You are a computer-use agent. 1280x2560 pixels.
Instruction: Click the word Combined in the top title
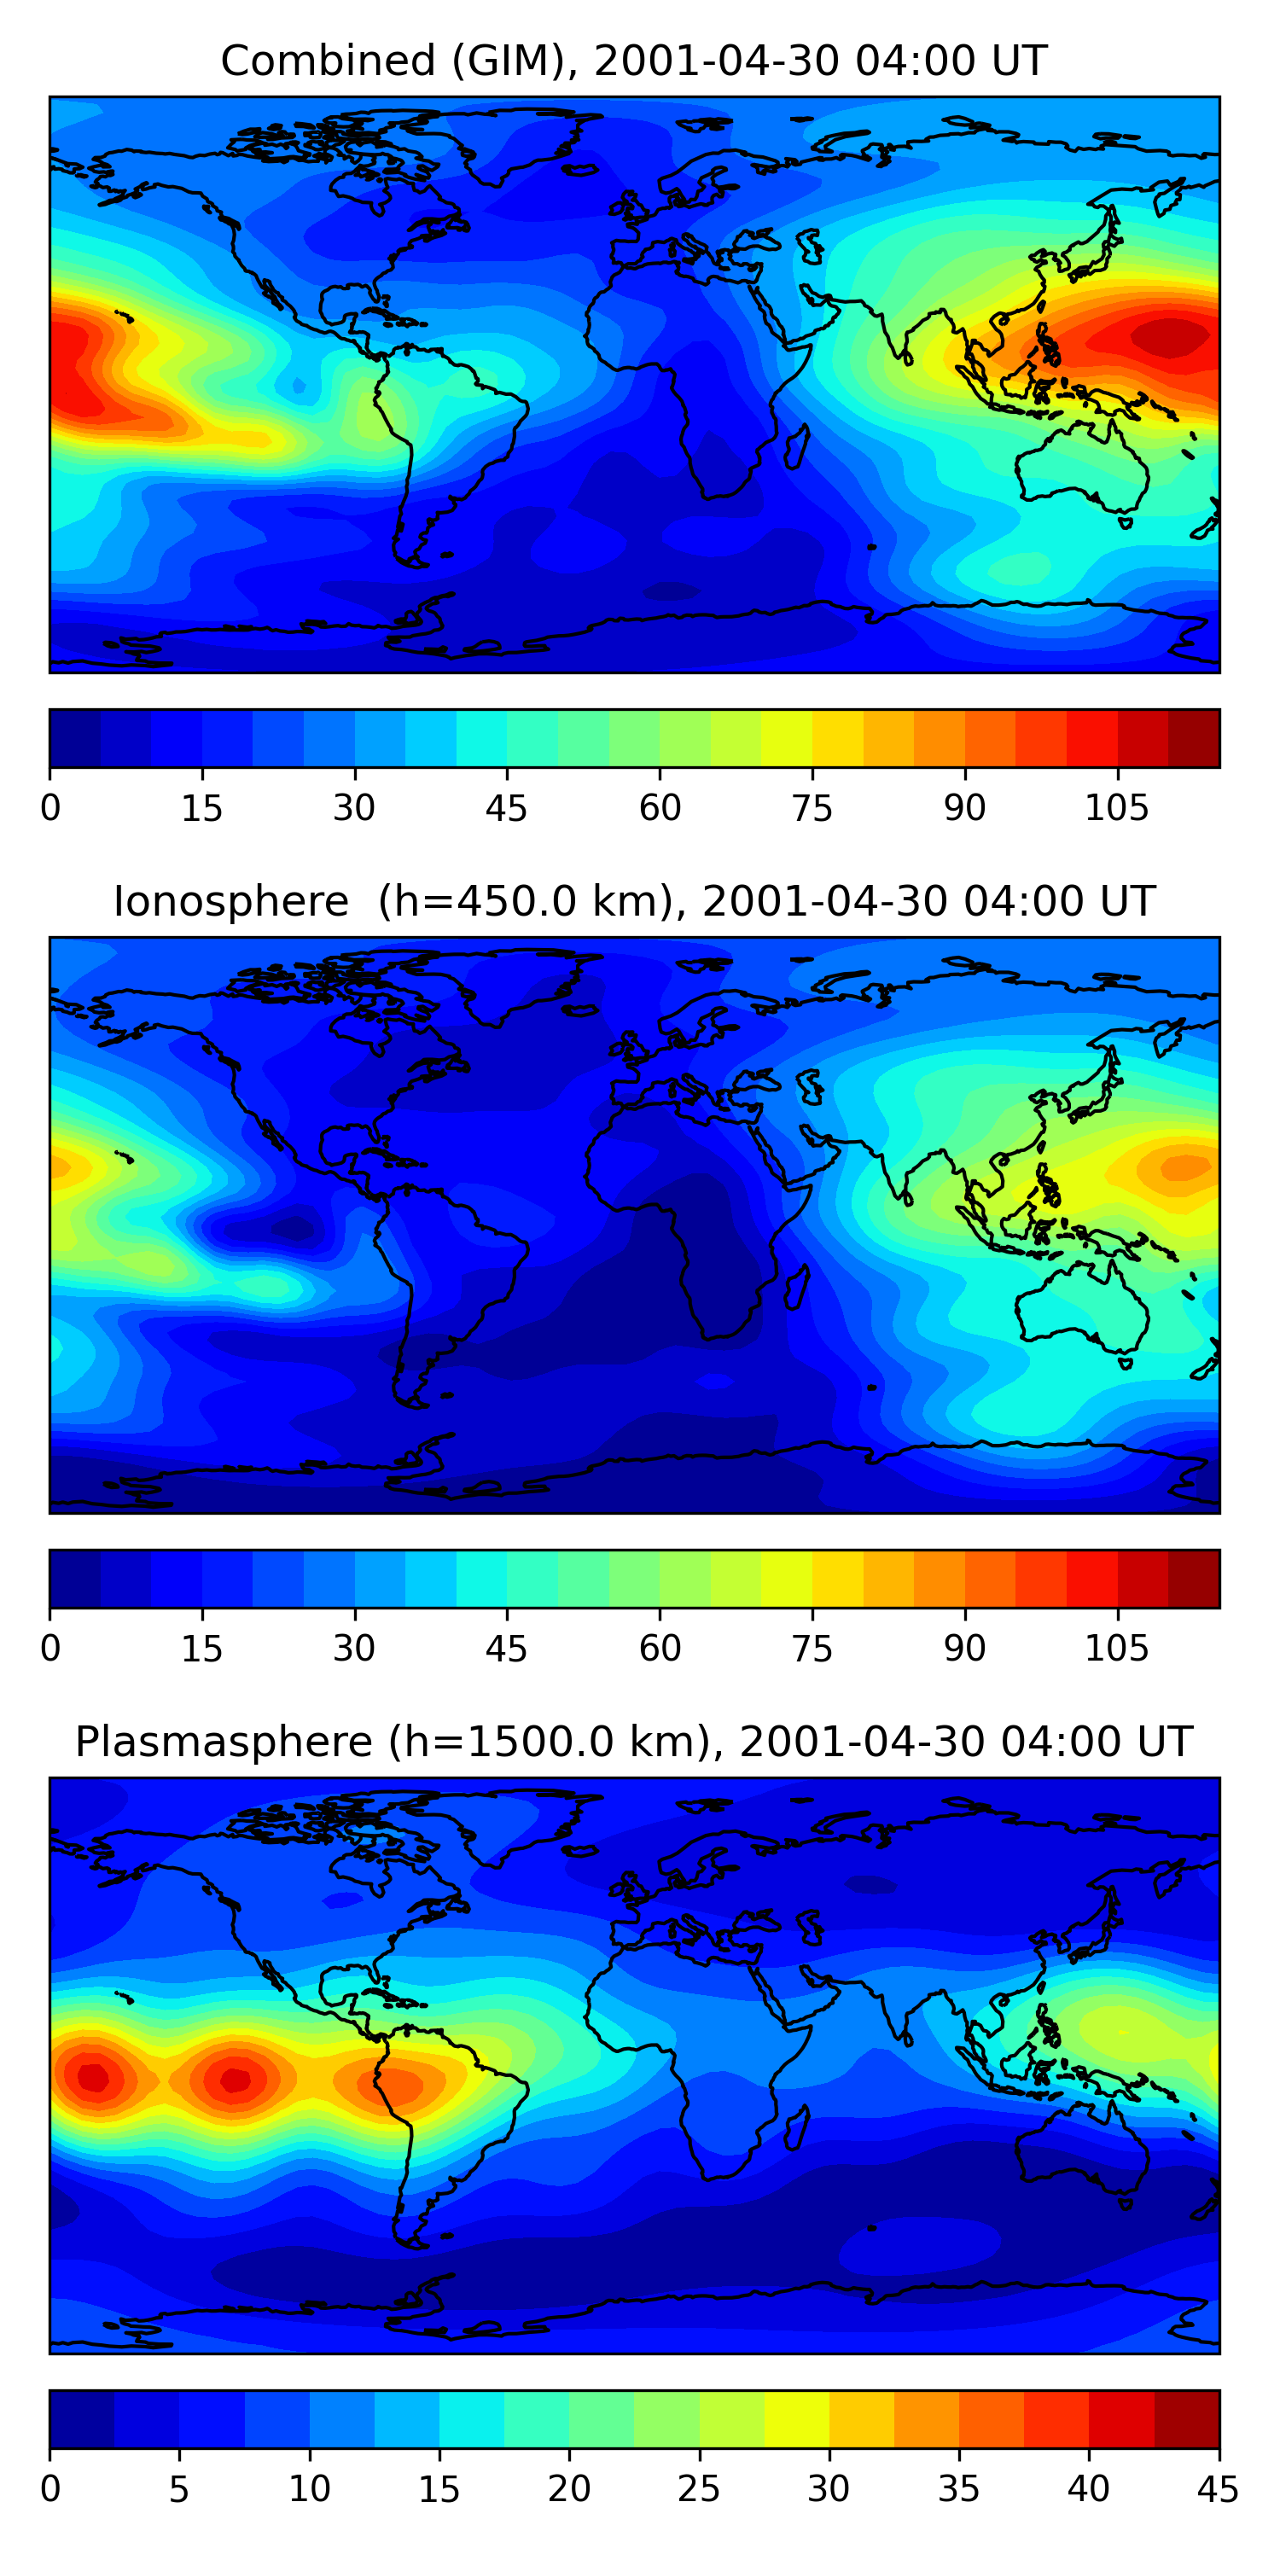(327, 61)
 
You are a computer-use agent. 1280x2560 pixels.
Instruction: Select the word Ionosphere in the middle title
(230, 902)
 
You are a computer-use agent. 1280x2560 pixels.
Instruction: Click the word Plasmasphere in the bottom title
(224, 1743)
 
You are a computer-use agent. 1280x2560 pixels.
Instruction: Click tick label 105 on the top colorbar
(1116, 809)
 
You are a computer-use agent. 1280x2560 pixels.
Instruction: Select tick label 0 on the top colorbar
(50, 809)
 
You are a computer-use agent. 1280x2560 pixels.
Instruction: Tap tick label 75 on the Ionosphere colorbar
(812, 1649)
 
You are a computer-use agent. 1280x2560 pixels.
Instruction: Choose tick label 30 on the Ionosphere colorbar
(354, 1649)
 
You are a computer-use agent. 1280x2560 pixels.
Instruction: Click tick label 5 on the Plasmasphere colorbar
(179, 2489)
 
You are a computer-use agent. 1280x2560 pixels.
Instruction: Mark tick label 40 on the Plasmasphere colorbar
(1088, 2489)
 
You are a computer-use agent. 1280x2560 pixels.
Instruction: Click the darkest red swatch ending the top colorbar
(1194, 738)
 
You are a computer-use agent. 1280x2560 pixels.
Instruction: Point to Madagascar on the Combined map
(796, 446)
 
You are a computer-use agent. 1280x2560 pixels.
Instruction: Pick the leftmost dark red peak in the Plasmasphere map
(92, 2076)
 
